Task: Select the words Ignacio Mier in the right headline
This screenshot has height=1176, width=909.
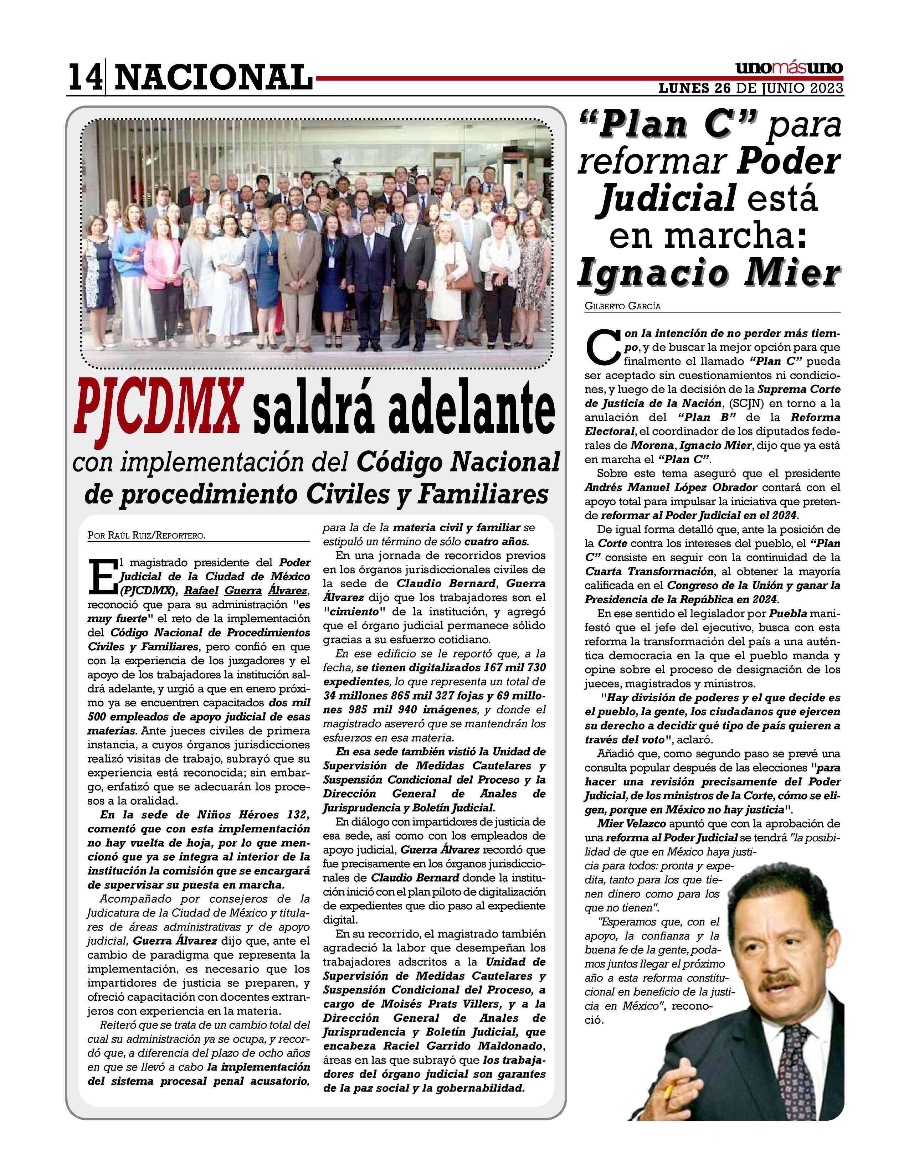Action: (x=708, y=274)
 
